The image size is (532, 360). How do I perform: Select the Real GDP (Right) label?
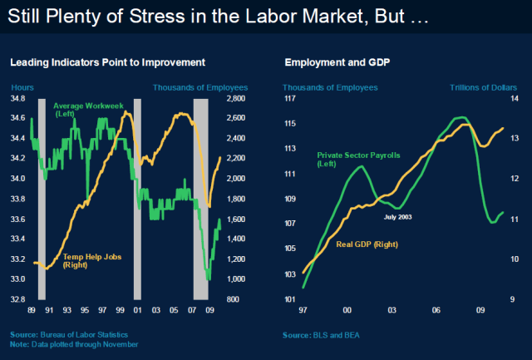[367, 244]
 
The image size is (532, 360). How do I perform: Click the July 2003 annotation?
[397, 216]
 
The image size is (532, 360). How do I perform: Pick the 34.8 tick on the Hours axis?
[18, 98]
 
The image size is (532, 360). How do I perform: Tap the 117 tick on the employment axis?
[290, 98]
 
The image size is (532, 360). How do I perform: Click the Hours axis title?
[22, 86]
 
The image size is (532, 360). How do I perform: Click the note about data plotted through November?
[74, 343]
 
